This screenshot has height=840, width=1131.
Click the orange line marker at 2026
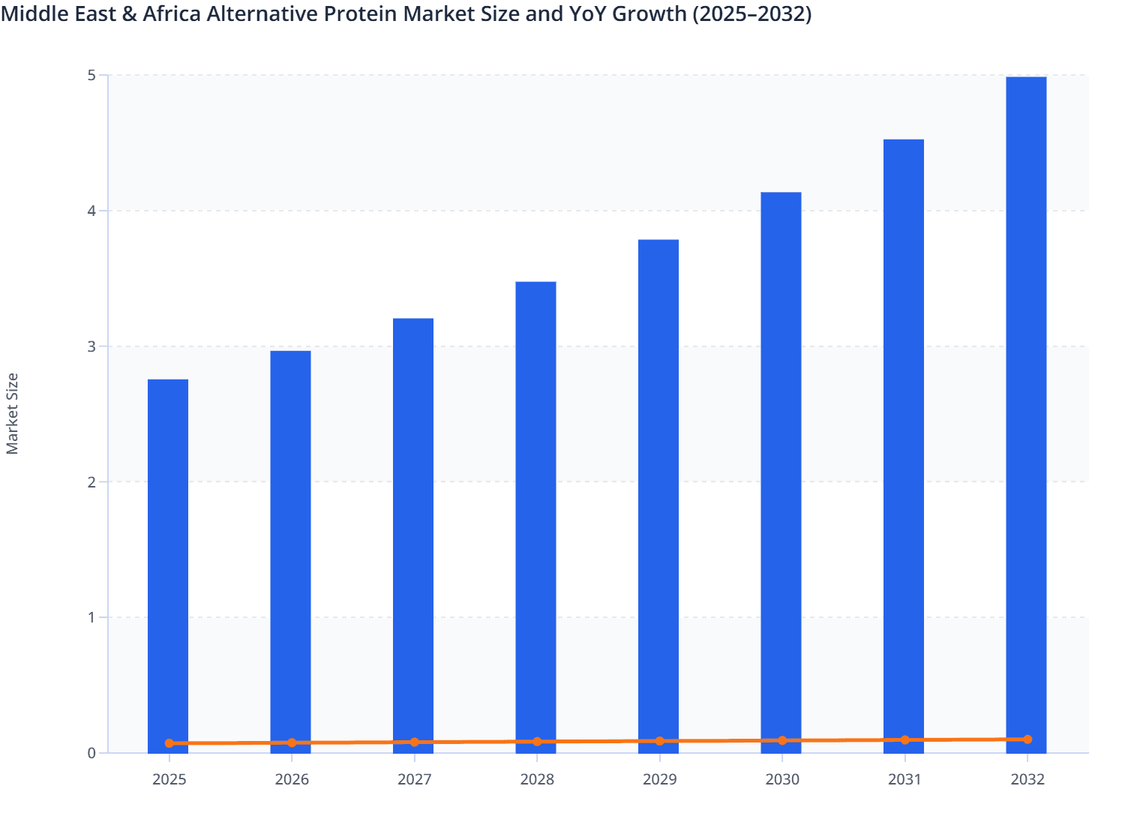coord(292,742)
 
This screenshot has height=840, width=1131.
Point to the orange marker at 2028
coord(537,742)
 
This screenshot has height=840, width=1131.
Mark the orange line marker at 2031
coord(905,739)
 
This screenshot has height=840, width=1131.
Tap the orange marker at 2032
coord(1027,739)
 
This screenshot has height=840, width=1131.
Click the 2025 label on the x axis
coord(169,779)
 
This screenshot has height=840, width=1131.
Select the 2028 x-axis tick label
coord(537,779)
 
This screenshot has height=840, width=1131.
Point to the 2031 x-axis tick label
coord(905,779)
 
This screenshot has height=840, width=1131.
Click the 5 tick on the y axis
coord(91,75)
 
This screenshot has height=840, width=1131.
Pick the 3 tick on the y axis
coord(91,346)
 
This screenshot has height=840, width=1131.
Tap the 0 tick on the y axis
coord(91,753)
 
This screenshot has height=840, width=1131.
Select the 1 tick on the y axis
coord(91,617)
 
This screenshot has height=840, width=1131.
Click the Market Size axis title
coord(13,413)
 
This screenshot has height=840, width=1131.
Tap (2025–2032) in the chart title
coord(751,13)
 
